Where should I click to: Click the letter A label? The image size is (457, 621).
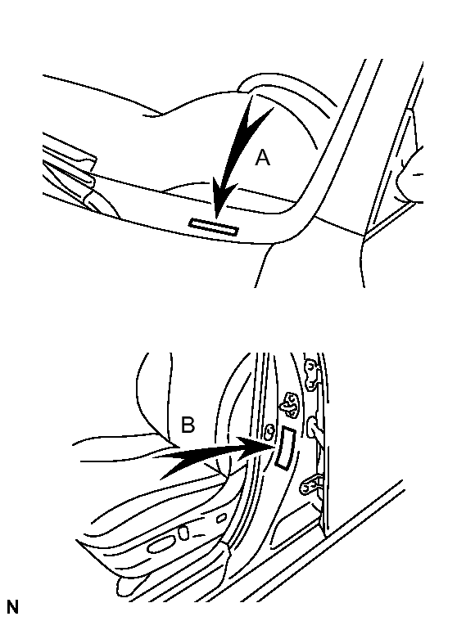pyautogui.click(x=262, y=158)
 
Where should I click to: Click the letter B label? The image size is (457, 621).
pyautogui.click(x=188, y=425)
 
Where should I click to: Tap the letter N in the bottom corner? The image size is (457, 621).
pyautogui.click(x=12, y=607)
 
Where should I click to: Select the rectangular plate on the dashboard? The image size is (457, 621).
pyautogui.click(x=214, y=227)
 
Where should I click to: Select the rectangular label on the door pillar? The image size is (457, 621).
pyautogui.click(x=285, y=448)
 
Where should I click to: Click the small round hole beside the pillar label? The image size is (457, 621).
pyautogui.click(x=269, y=432)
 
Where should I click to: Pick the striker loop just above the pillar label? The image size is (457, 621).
pyautogui.click(x=290, y=405)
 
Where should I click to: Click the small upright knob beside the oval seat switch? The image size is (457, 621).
pyautogui.click(x=183, y=532)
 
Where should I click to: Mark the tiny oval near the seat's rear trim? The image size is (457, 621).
pyautogui.click(x=221, y=518)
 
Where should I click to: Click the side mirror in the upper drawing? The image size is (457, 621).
pyautogui.click(x=411, y=176)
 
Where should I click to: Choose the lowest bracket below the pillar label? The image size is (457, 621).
pyautogui.click(x=310, y=484)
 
